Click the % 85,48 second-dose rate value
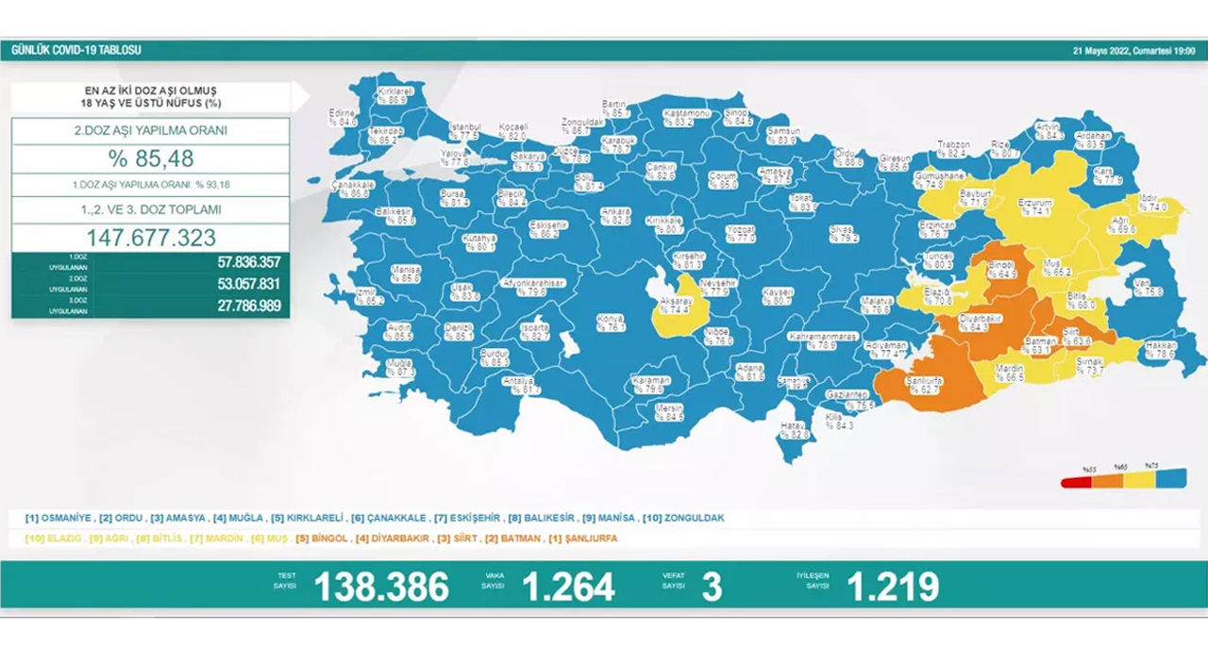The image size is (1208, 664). point(150,158)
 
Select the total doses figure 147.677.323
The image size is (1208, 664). point(150,238)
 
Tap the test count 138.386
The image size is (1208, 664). point(380,587)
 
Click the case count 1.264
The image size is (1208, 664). point(568,587)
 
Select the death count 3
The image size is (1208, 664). point(712,587)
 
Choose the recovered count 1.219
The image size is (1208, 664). point(892,587)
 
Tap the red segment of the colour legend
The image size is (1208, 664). point(1077,481)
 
